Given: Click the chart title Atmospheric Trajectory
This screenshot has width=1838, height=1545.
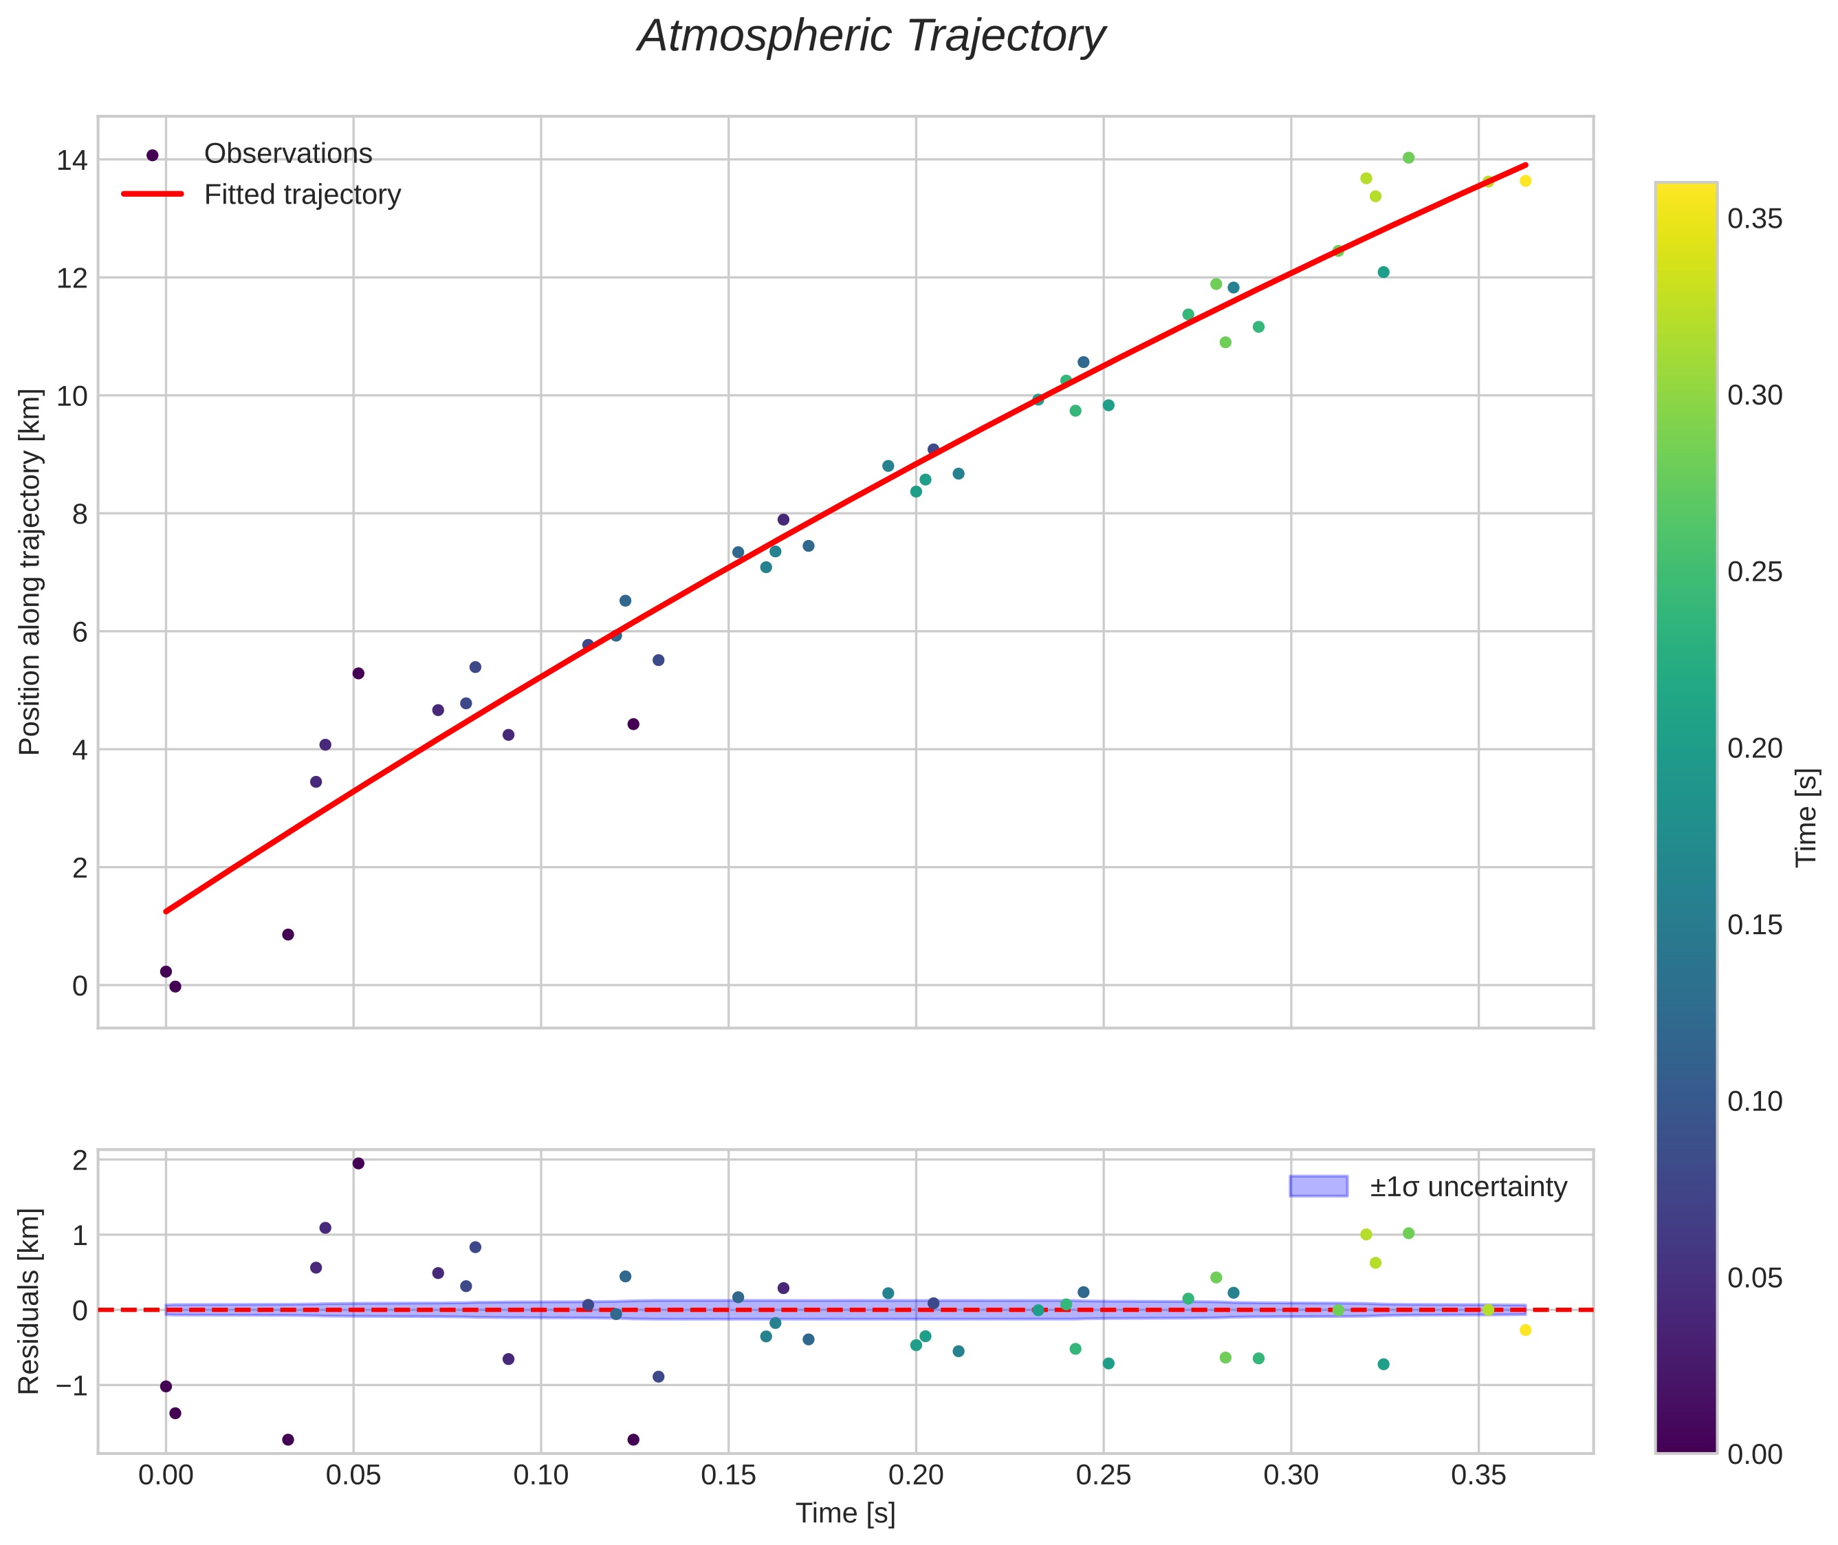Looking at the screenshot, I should [871, 36].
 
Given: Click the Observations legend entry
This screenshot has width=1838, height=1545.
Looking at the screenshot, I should [287, 154].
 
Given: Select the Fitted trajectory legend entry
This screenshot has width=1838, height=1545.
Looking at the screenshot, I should [302, 195].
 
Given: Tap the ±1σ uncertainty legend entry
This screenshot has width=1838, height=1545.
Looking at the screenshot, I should [1467, 1187].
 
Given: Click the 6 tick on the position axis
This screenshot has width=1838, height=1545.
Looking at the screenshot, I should [79, 632].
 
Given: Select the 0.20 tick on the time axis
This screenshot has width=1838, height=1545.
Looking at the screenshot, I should [915, 1476].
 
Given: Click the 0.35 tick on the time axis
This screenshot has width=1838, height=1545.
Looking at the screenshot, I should [1478, 1476].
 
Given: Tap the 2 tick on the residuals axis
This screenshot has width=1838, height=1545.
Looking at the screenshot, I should [79, 1161].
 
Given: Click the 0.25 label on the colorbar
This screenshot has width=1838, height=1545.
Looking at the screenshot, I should [1755, 572].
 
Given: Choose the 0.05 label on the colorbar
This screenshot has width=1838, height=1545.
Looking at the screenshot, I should [1755, 1278].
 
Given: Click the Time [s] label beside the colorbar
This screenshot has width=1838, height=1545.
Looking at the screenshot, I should [1806, 817].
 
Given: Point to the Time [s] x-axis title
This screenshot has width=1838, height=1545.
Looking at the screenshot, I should [845, 1513].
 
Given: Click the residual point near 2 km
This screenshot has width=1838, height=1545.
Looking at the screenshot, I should [358, 1163].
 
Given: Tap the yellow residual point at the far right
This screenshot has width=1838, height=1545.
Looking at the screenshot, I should [1525, 1330].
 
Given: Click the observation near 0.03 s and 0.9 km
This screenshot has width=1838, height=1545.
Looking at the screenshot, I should [288, 935].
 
